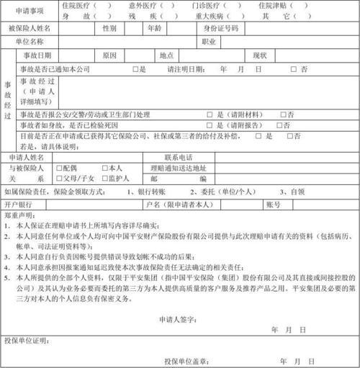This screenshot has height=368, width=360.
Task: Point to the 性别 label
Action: tap(109, 28)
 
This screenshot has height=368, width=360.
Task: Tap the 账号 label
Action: tap(273, 205)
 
